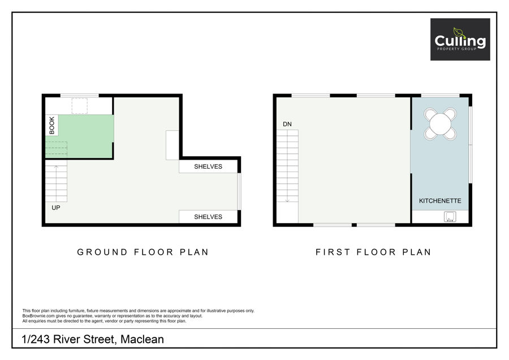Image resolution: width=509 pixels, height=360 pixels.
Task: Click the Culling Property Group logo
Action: pyautogui.click(x=460, y=39)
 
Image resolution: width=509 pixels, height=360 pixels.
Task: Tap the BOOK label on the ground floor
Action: pyautogui.click(x=52, y=125)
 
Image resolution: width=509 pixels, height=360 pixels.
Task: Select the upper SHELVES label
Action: pyautogui.click(x=208, y=166)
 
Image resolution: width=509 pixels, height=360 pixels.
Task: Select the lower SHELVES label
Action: pyautogui.click(x=208, y=217)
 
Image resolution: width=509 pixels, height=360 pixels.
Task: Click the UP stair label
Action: pyautogui.click(x=56, y=208)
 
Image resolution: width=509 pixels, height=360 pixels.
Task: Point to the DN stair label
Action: pyautogui.click(x=287, y=124)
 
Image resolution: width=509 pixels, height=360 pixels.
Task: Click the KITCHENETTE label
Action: pyautogui.click(x=440, y=201)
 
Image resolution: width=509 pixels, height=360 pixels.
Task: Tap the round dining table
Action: pyautogui.click(x=440, y=124)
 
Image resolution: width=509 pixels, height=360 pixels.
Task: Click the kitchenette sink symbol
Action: pyautogui.click(x=450, y=217)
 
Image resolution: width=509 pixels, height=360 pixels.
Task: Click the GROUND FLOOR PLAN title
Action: pyautogui.click(x=143, y=252)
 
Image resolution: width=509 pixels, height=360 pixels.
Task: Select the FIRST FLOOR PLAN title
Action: pyautogui.click(x=373, y=252)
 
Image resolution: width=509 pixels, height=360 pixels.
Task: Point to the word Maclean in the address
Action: pyautogui.click(x=142, y=339)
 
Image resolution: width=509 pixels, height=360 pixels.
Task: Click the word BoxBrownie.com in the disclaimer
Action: pyautogui.click(x=38, y=316)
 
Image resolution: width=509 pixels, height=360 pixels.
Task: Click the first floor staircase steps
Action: pyautogui.click(x=287, y=166)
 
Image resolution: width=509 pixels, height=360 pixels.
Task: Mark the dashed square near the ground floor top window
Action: pyautogui.click(x=80, y=106)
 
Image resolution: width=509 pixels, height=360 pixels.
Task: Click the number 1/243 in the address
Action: pyautogui.click(x=36, y=339)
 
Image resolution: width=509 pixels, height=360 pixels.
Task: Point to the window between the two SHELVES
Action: pyautogui.click(x=239, y=191)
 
